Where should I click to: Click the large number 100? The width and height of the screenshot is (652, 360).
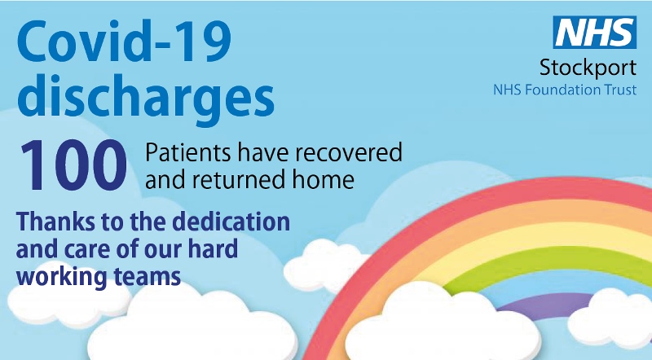click(x=73, y=164)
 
